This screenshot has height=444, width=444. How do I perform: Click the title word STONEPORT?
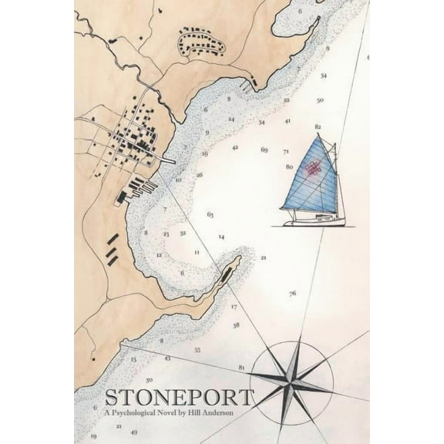coord(179,399)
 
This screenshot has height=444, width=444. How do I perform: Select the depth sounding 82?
coord(318,126)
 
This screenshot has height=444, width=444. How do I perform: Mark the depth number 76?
coord(292,294)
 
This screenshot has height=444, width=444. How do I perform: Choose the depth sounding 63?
coord(210,214)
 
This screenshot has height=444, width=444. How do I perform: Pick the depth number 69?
coord(264,150)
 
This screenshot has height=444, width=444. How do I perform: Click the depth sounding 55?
coord(197,350)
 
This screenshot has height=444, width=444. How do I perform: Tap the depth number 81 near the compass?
coord(241,368)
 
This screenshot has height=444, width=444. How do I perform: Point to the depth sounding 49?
coord(133,432)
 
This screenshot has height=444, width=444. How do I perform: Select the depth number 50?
coord(320,100)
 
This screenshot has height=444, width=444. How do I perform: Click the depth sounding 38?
coord(236,325)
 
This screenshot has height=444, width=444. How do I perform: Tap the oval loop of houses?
coord(200,42)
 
